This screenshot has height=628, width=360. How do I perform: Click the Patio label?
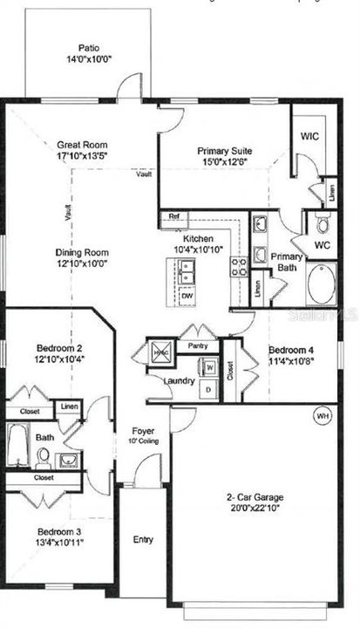point(89,49)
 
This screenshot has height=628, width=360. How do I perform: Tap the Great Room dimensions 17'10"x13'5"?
point(81,159)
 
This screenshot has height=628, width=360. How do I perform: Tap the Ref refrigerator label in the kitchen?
point(173,216)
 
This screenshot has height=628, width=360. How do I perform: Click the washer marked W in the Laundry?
point(209,367)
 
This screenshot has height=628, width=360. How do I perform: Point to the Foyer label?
point(143,431)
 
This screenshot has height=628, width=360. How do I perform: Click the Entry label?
point(143,540)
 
